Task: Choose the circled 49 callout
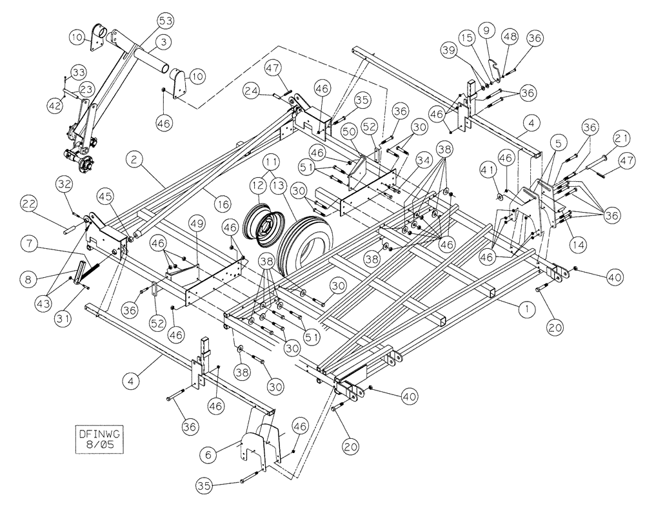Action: coord(197,224)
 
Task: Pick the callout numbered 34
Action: coord(424,158)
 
